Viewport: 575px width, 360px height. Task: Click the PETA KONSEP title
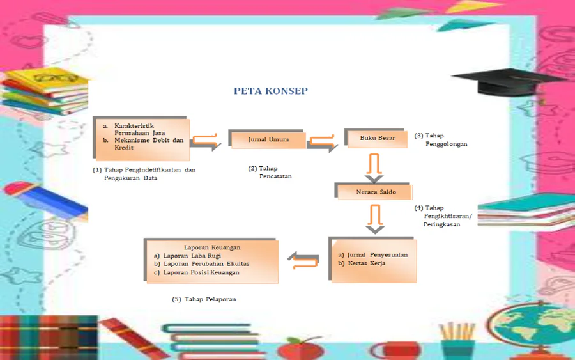[x=270, y=91]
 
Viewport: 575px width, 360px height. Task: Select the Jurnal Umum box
[x=268, y=139]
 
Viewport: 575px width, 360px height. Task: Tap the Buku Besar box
[x=377, y=138]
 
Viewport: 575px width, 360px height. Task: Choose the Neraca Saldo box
[x=374, y=191]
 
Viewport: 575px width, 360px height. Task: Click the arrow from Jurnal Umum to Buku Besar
[x=323, y=143]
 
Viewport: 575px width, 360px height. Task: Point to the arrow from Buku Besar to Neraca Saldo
[x=373, y=166]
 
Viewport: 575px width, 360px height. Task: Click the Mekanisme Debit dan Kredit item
[x=148, y=144]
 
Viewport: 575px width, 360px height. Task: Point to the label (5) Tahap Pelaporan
[x=204, y=299]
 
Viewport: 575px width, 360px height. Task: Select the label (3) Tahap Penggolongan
[x=441, y=139]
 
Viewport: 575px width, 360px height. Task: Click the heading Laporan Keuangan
[x=212, y=247]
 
